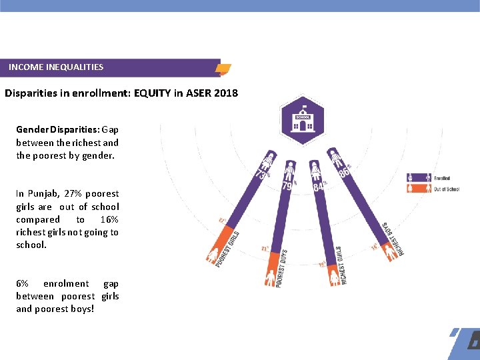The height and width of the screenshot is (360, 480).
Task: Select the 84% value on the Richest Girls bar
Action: pos(319,186)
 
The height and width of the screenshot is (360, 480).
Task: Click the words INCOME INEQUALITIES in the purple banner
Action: pos(56,67)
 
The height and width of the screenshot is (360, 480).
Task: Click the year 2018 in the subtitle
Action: pos(226,93)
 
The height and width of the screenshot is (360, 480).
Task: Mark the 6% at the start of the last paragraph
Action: pos(22,284)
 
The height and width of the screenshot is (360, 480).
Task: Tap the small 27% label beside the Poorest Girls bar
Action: pos(221,221)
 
